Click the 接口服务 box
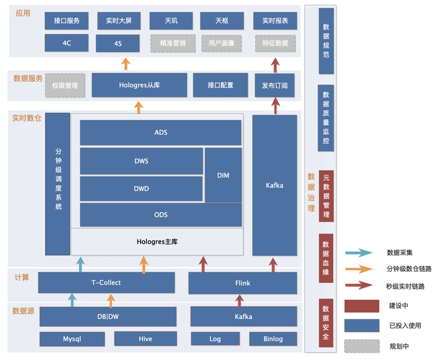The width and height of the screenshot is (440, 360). pyautogui.click(x=67, y=21)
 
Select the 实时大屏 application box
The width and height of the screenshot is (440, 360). pyautogui.click(x=118, y=21)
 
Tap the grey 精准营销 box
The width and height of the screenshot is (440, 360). pyautogui.click(x=172, y=43)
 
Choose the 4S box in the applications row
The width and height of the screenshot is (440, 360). pyautogui.click(x=118, y=44)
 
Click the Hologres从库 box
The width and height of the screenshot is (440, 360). pyautogui.click(x=139, y=85)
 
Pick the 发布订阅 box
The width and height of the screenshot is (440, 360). pyautogui.click(x=275, y=85)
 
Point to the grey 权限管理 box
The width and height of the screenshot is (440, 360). pyautogui.click(x=65, y=86)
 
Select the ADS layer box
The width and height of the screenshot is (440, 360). pyautogui.click(x=161, y=133)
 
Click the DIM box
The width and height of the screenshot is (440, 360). pyautogui.click(x=223, y=175)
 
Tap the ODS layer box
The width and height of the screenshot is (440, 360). pyautogui.click(x=161, y=215)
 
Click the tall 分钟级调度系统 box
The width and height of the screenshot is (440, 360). pyautogui.click(x=58, y=184)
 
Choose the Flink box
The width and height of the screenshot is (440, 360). pyautogui.click(x=243, y=283)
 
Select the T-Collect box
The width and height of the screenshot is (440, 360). pyautogui.click(x=106, y=282)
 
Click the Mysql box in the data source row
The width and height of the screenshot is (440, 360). pyautogui.click(x=72, y=339)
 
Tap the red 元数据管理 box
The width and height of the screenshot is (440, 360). pyautogui.click(x=326, y=196)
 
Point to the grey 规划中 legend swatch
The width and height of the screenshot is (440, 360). pyautogui.click(x=362, y=346)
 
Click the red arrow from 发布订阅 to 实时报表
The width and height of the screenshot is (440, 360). pyautogui.click(x=275, y=65)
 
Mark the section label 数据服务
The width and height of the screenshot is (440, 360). pyautogui.click(x=28, y=78)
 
